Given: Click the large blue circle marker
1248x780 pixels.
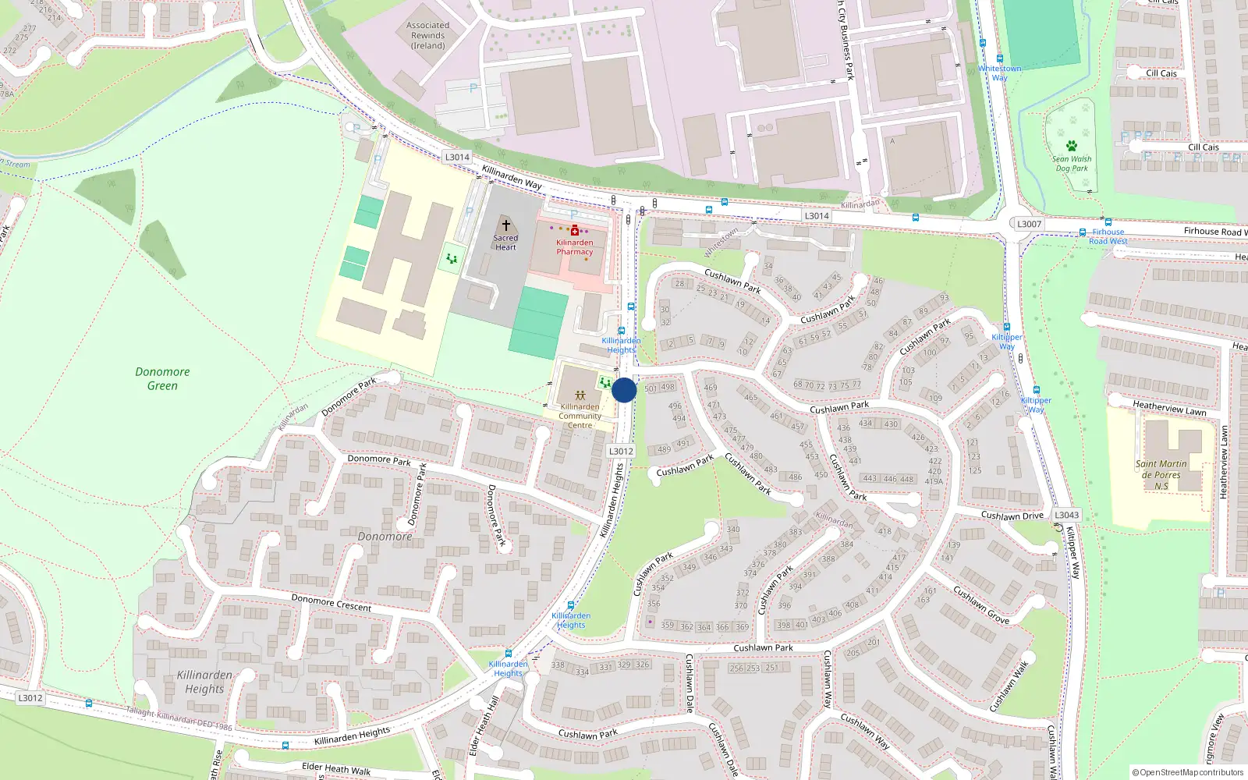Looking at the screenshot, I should [624, 390].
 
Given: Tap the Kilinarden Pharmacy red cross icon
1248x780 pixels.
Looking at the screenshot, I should [575, 230].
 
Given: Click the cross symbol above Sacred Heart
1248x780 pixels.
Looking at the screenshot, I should [505, 225].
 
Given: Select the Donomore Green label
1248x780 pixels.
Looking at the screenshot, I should [162, 379].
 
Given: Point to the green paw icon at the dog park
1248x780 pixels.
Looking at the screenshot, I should [1072, 146].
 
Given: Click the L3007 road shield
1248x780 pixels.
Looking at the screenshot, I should [1029, 224].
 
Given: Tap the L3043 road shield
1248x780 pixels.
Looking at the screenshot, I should [1066, 515].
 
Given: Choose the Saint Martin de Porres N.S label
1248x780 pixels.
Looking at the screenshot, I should [1161, 474].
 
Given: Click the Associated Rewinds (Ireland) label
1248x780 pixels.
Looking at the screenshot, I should [427, 36].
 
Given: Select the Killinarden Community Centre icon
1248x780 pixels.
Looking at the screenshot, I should [580, 395].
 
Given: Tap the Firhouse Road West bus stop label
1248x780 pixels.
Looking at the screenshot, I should [1108, 236].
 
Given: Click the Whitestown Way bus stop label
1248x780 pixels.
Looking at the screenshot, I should [999, 73].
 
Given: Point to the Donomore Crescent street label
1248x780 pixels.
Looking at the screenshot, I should [331, 602].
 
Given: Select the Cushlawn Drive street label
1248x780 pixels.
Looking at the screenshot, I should [1012, 516].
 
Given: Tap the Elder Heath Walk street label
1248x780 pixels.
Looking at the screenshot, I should [336, 769].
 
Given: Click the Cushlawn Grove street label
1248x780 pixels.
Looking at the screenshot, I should [981, 605].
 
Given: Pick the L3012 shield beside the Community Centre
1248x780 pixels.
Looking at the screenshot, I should [621, 451].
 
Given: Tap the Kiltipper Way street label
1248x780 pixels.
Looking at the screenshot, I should [1074, 552].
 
